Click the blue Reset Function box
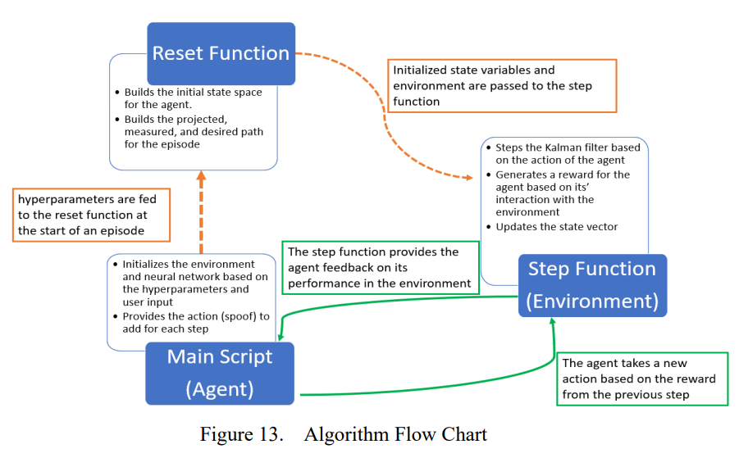pyautogui.click(x=221, y=53)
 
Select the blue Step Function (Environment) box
pyautogui.click(x=592, y=285)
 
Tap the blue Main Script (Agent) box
pyautogui.click(x=220, y=374)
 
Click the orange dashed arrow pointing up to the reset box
pyautogui.click(x=201, y=212)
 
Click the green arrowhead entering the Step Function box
pyautogui.click(x=552, y=321)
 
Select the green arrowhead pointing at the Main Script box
pyautogui.click(x=281, y=337)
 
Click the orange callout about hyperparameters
pyautogui.click(x=91, y=215)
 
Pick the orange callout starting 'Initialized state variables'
pyautogui.click(x=502, y=86)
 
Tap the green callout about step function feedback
pyautogui.click(x=381, y=268)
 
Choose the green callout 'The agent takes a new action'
pyautogui.click(x=642, y=379)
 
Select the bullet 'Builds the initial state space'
pyautogui.click(x=189, y=98)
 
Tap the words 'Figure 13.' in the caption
pyautogui.click(x=241, y=434)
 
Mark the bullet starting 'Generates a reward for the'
pyautogui.click(x=559, y=193)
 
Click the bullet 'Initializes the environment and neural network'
pyautogui.click(x=191, y=283)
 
